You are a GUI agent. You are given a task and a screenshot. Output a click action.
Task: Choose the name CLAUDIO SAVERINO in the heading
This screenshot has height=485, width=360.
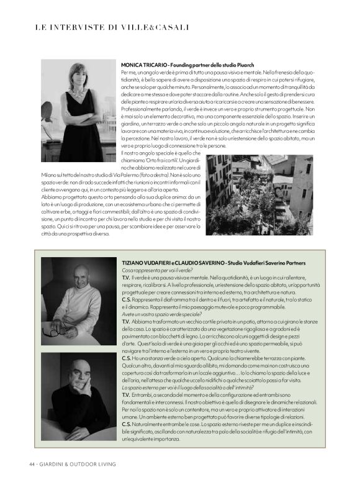click(197, 264)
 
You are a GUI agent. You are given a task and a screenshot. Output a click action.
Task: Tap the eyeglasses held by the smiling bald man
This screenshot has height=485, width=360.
click(59, 330)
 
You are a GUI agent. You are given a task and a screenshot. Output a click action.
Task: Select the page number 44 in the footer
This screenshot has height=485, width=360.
click(31, 463)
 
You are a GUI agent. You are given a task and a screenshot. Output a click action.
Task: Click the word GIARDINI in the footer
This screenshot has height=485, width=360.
click(54, 463)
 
